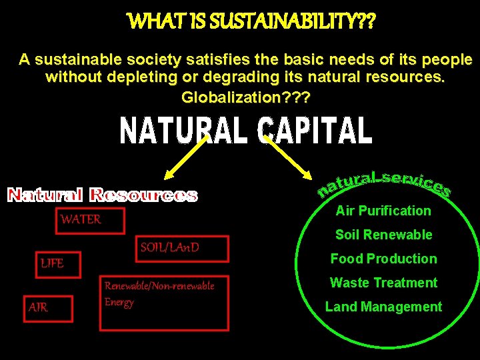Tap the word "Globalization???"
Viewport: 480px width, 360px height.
point(245,97)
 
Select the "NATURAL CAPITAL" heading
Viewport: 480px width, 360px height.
point(245,131)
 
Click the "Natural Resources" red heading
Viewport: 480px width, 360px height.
point(102,195)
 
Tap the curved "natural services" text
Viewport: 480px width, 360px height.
point(384,181)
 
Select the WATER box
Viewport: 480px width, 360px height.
point(89,220)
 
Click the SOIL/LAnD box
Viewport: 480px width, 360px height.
point(181,249)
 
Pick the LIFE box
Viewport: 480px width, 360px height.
point(57,264)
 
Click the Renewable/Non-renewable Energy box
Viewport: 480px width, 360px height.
point(163,302)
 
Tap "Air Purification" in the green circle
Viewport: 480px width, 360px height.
point(383,211)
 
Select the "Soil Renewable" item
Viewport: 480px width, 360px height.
point(383,235)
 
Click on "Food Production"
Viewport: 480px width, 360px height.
point(383,259)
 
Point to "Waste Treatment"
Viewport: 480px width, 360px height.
point(383,283)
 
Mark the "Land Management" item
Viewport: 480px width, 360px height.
point(383,307)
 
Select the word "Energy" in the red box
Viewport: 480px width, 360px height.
point(119,302)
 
